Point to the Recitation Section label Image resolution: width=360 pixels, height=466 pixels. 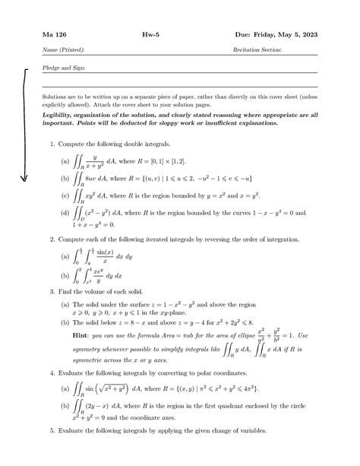coord(257,49)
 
